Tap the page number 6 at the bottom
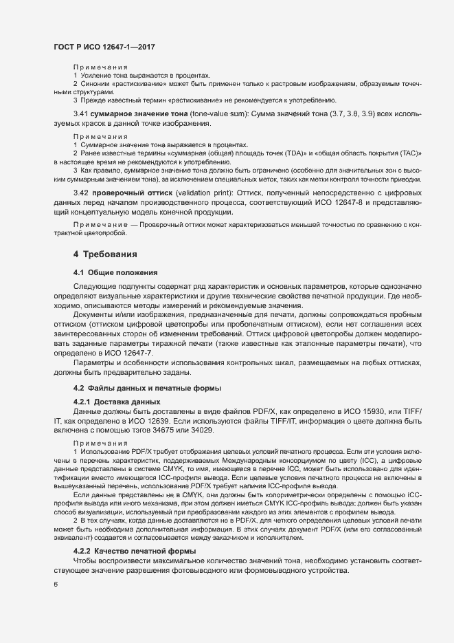tap(56, 584)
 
